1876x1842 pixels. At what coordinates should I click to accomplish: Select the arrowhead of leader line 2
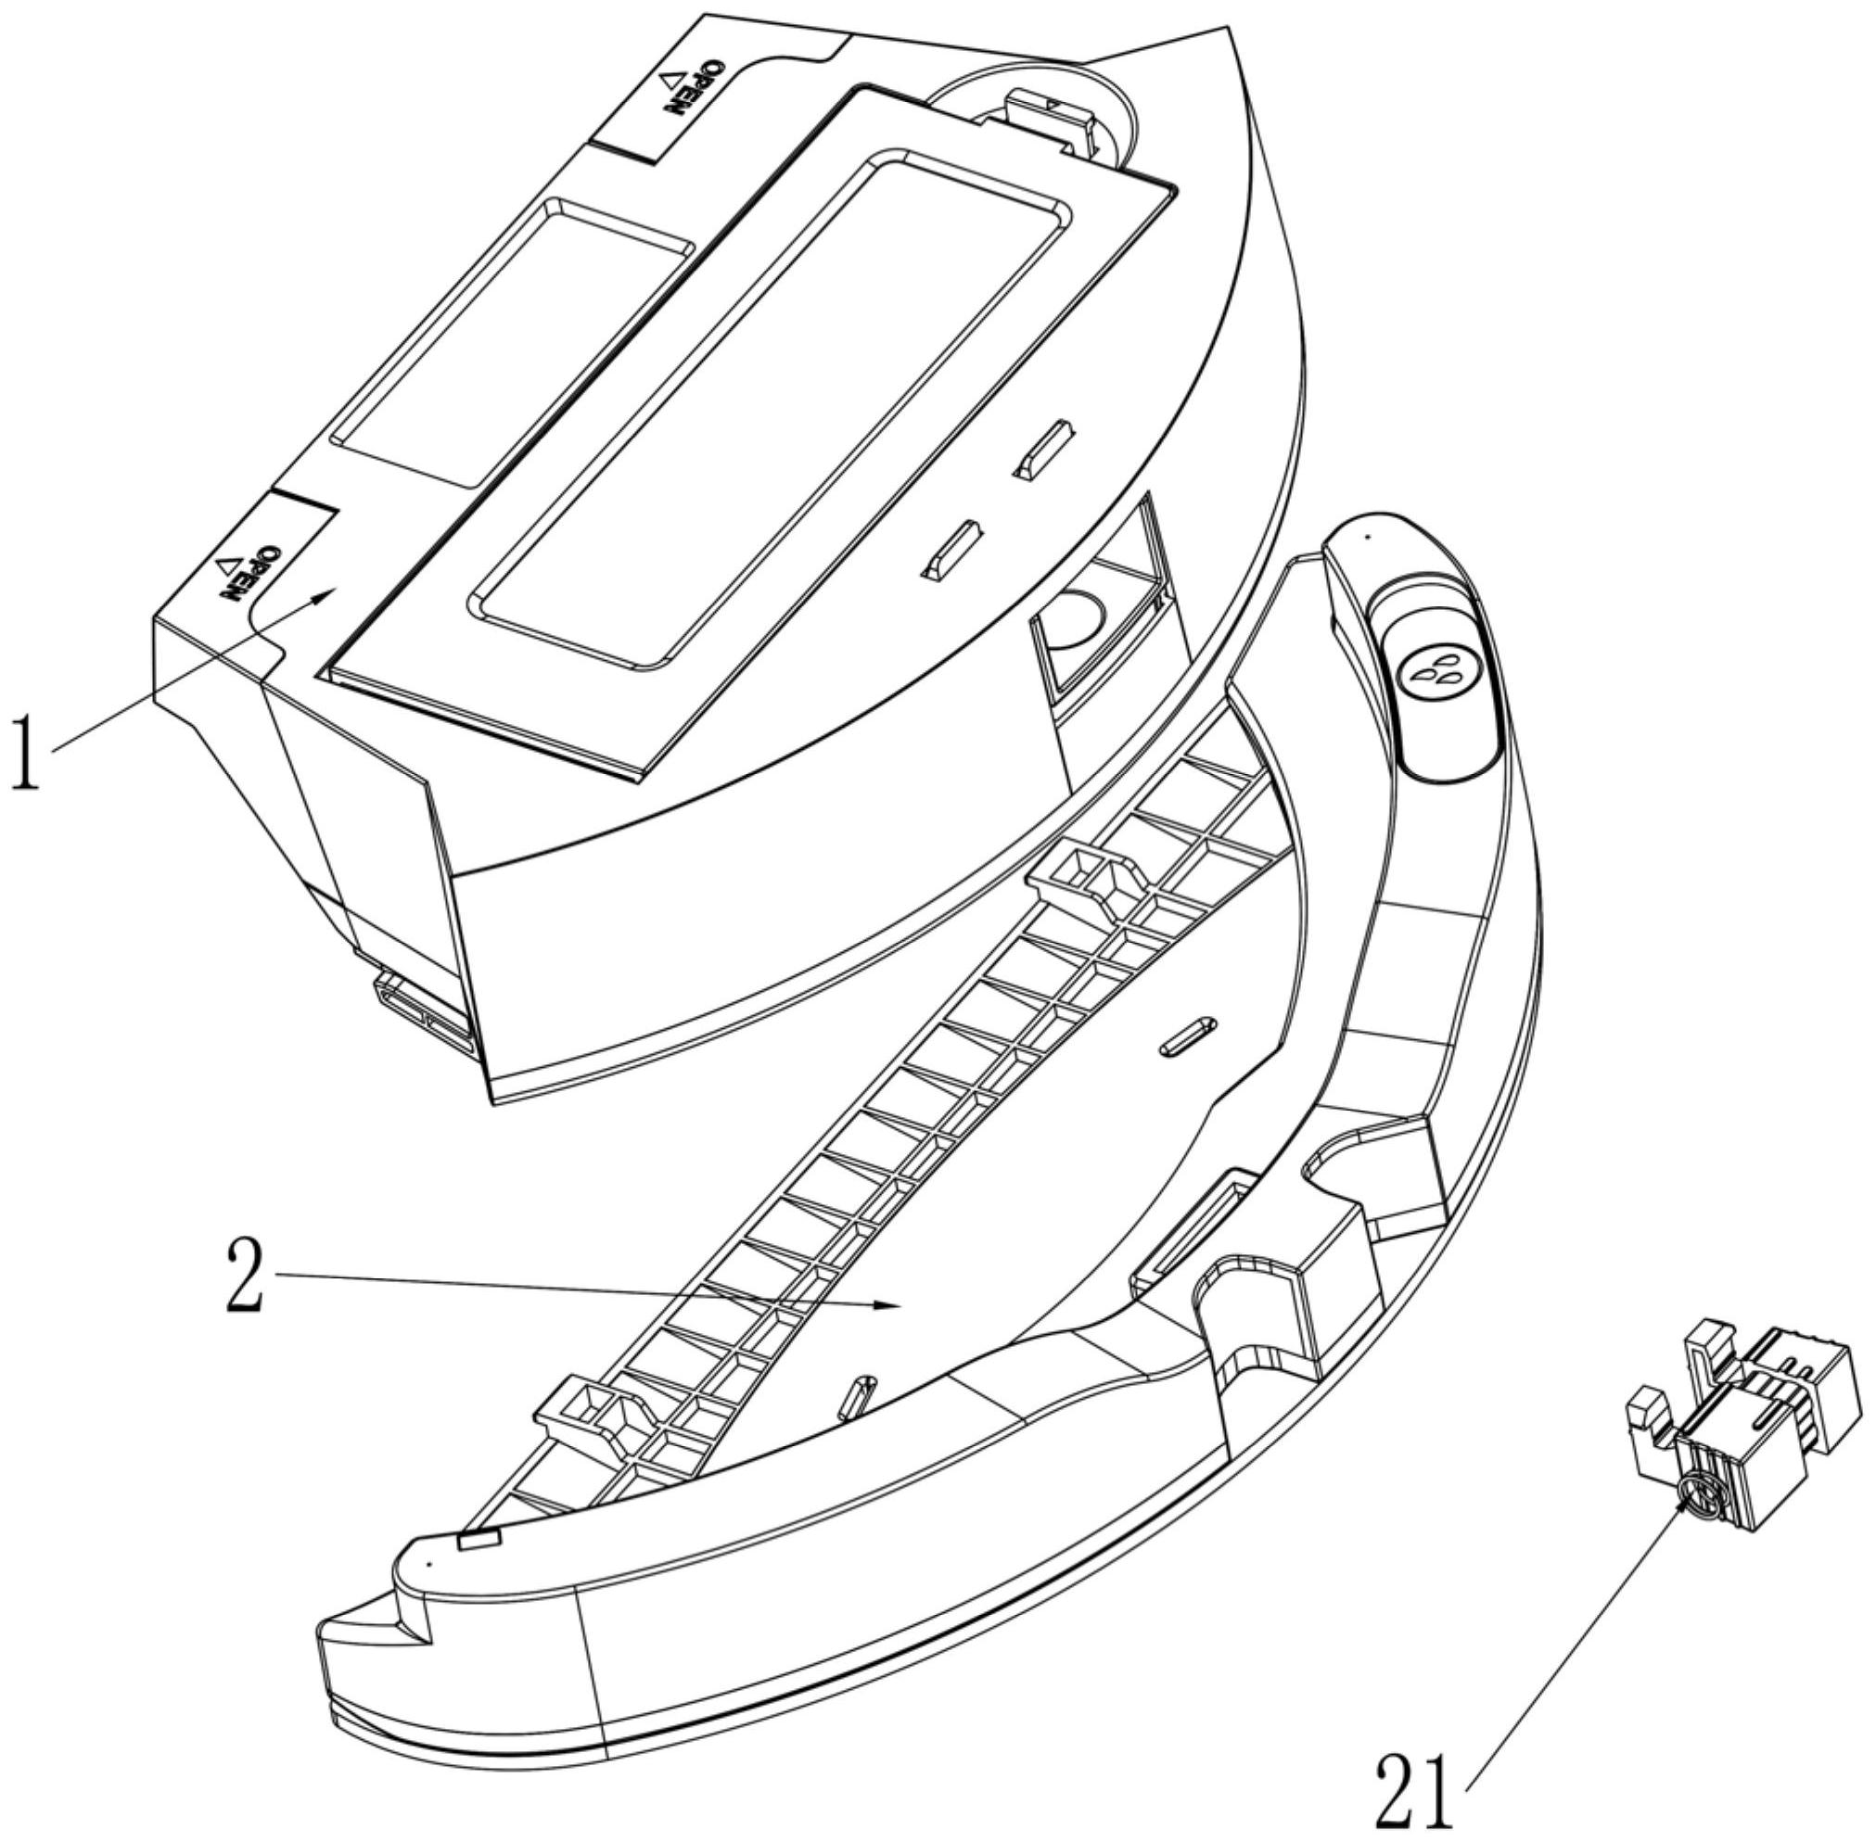tap(894, 1305)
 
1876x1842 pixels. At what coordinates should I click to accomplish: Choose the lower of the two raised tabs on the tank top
tap(953, 551)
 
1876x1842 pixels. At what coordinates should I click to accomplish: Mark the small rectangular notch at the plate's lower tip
tap(478, 1540)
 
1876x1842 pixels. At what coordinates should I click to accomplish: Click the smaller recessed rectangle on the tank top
tap(514, 341)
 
